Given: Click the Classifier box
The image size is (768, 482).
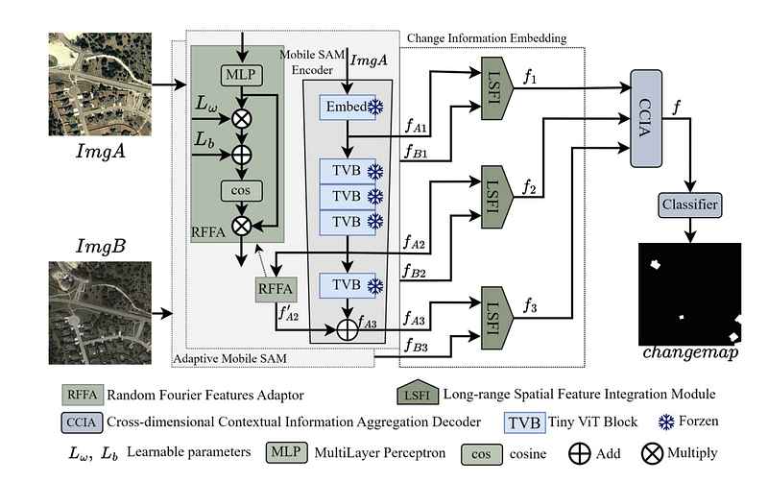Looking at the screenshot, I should coord(690,204).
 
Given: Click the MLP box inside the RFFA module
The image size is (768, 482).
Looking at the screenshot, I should coord(236,73).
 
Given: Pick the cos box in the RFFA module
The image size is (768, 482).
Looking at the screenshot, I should coord(235,190).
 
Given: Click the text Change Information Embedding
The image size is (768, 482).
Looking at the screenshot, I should coord(486,37).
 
